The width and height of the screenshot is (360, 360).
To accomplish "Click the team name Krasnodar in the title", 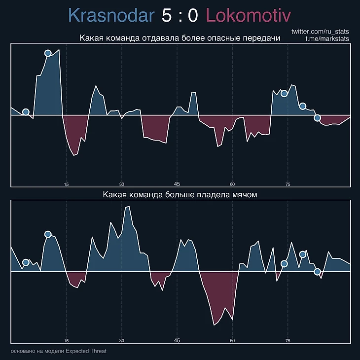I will tap(111, 16).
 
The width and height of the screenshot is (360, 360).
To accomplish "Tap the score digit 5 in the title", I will tap(167, 16).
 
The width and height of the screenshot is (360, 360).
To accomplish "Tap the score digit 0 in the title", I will tap(193, 16).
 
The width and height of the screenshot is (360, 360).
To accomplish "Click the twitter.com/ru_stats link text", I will tap(321, 32).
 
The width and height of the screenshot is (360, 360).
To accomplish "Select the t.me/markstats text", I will tap(327, 39).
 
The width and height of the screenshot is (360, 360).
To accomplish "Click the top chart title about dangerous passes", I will tap(180, 39).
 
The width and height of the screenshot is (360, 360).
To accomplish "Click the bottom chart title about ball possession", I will tap(180, 195).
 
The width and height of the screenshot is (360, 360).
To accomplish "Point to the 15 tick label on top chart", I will tap(66, 184).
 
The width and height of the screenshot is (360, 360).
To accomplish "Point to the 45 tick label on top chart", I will tap(177, 184).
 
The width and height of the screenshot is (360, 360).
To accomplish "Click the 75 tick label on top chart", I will tap(288, 184).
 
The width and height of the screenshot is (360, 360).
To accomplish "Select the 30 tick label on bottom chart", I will tap(122, 340).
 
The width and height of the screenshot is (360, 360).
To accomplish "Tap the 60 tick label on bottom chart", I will tap(232, 340).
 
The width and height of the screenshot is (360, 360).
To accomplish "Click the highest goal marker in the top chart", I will tap(48, 53).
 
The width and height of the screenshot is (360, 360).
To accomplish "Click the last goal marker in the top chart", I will tap(318, 118).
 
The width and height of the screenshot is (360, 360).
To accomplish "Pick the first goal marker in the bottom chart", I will tap(26, 262).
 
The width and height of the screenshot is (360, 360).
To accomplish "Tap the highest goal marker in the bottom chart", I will tap(48, 234).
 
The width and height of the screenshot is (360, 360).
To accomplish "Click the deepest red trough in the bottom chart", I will tap(215, 324).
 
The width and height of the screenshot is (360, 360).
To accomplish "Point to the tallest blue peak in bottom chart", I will tap(129, 207).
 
